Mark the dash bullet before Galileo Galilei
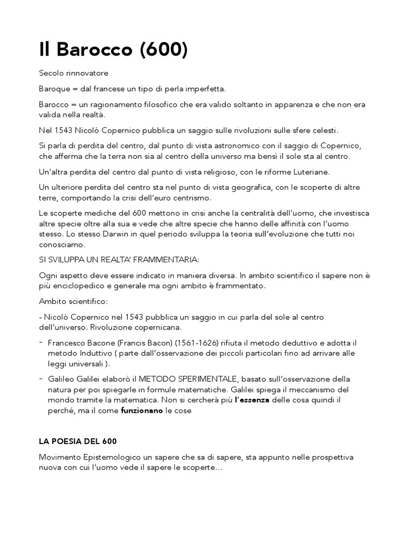41,378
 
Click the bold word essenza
255,399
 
